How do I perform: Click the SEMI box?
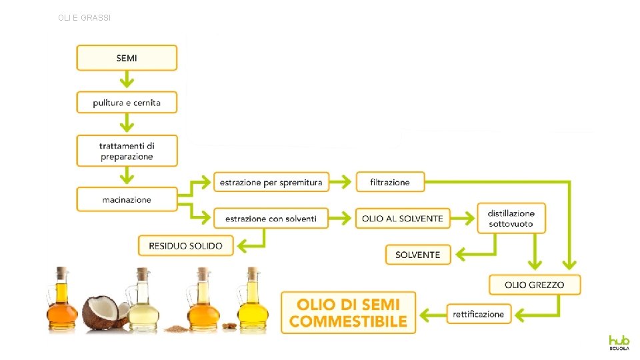[127, 58]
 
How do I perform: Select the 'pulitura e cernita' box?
[127, 103]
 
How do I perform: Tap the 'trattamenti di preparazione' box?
[127, 151]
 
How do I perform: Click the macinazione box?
[127, 199]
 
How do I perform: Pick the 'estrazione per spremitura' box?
[271, 181]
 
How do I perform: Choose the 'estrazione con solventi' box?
[271, 218]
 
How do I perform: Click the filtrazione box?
[390, 181]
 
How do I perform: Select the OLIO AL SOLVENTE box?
[403, 218]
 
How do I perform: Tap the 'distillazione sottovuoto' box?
[511, 218]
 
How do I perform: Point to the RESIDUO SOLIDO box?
[185, 245]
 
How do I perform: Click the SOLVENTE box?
[418, 255]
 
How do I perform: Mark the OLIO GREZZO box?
[534, 285]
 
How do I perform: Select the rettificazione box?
[478, 313]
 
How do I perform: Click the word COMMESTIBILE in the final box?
[348, 321]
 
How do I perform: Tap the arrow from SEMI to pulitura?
[127, 81]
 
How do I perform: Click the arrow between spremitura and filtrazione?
[341, 181]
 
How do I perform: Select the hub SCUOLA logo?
[618, 343]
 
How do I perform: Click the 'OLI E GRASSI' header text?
[85, 18]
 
